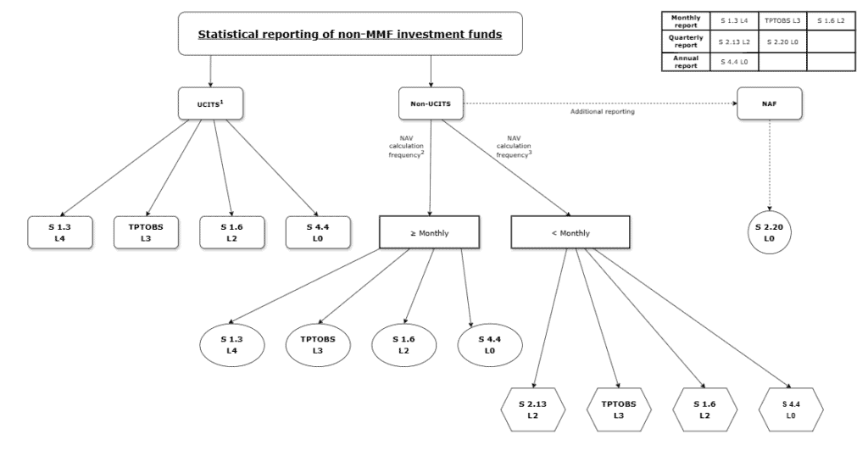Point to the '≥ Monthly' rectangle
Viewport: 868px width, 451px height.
(430, 232)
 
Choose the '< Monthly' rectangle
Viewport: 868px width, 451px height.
(570, 232)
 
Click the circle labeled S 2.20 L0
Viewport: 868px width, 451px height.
(770, 233)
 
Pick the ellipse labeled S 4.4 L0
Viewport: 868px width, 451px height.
(487, 344)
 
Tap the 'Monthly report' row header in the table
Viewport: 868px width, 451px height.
(684, 20)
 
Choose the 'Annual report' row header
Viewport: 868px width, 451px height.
(684, 61)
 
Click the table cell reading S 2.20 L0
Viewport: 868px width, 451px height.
(781, 41)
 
